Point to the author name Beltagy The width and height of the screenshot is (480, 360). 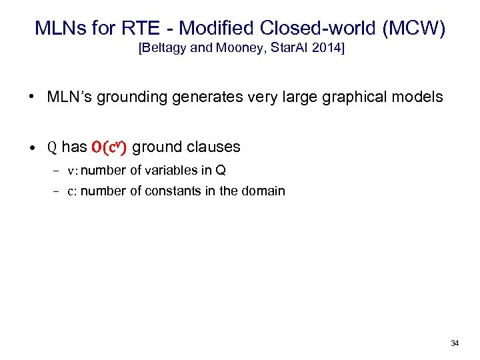click(x=165, y=49)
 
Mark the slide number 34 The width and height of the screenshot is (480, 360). click(x=455, y=343)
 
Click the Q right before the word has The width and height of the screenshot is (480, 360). click(x=52, y=147)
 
